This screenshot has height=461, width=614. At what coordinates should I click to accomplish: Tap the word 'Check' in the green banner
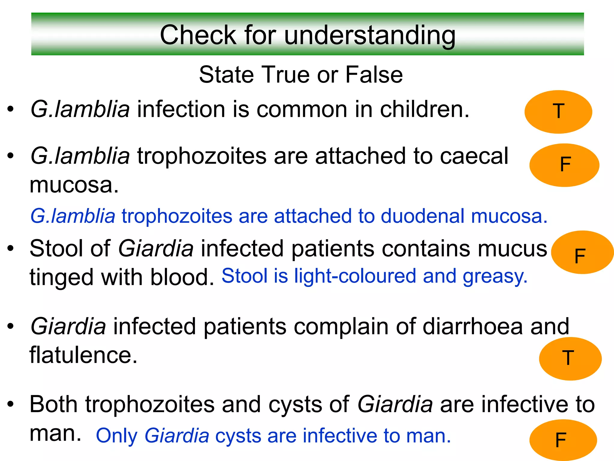coord(198,35)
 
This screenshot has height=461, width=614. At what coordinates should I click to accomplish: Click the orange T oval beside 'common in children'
coord(558,112)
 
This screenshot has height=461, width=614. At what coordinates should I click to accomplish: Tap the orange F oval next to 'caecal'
coord(564,165)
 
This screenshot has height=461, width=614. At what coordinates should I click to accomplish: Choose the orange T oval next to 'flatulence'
coord(570,359)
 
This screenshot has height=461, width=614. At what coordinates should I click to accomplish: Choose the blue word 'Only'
coord(117,436)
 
